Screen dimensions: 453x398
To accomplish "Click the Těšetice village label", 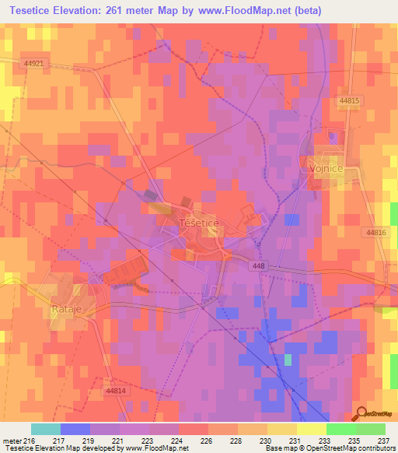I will [200, 223].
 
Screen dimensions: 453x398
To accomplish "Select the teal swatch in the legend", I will [46, 429].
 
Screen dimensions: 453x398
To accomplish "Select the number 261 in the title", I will [133, 10].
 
